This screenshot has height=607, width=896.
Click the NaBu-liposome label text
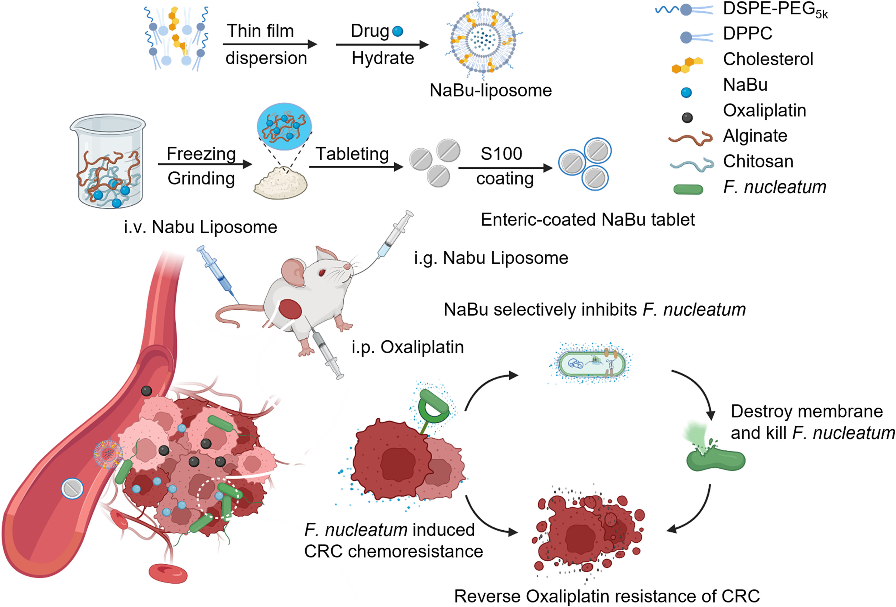491,91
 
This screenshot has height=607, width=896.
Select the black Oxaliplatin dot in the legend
687,117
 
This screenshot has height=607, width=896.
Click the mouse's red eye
321,273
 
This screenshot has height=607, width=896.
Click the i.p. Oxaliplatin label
408,347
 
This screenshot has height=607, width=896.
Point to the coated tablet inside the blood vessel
72,488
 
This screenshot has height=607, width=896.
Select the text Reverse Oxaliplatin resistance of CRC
607,596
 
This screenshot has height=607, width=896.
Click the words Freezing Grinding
201,166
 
